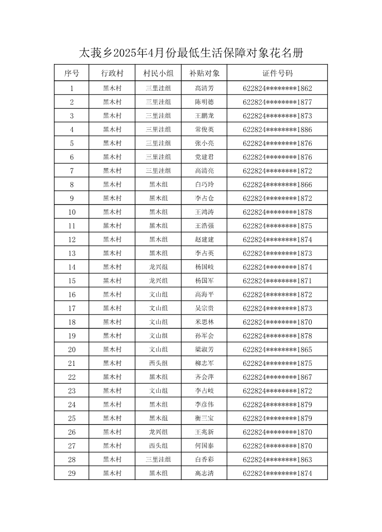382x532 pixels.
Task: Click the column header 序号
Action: tap(72, 73)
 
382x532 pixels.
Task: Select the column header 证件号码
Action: tap(278, 73)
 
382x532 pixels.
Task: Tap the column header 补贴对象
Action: tap(204, 73)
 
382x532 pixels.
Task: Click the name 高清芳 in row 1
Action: tap(204, 88)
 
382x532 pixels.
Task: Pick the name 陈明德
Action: tap(204, 102)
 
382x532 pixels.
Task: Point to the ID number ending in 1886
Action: tap(278, 130)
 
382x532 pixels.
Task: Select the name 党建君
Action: tap(204, 157)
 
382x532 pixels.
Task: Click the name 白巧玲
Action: tap(204, 185)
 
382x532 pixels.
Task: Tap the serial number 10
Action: tap(72, 212)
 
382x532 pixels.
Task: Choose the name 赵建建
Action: tap(204, 240)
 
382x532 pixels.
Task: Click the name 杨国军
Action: tap(204, 281)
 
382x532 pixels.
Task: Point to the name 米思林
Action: tap(204, 322)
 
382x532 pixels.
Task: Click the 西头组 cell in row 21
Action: tap(158, 363)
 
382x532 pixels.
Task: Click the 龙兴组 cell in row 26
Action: tap(158, 432)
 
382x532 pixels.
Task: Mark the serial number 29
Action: tap(72, 473)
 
